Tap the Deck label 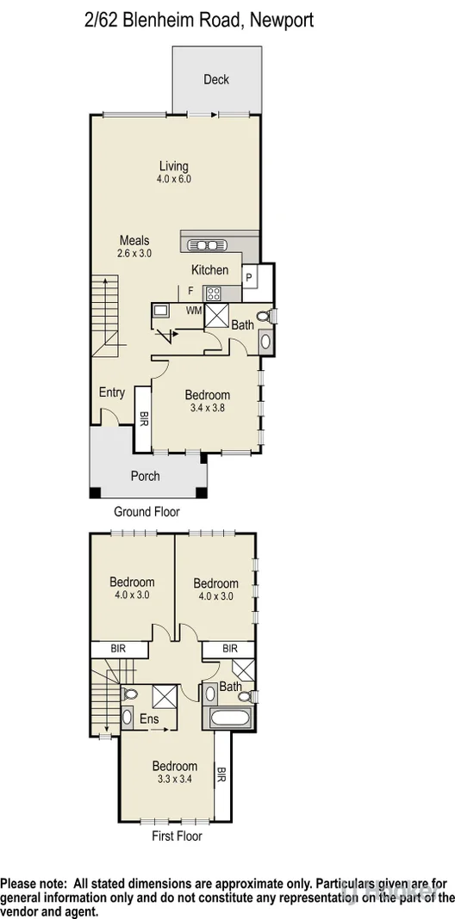point(216,80)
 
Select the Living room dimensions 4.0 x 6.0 point(173,179)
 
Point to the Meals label point(134,241)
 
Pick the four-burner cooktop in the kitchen point(212,292)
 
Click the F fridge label point(190,292)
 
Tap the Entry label point(112,392)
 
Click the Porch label point(145,476)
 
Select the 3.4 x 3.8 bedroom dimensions point(208,409)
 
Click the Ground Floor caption point(146,511)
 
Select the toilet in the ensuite point(130,694)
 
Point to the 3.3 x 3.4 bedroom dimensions point(175,780)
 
